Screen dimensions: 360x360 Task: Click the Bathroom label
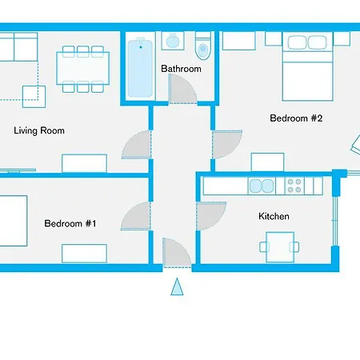pyautogui.click(x=181, y=69)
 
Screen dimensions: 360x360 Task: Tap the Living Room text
pyautogui.click(x=39, y=130)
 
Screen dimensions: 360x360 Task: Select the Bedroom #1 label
pyautogui.click(x=70, y=224)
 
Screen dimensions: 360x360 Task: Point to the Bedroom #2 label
pyautogui.click(x=295, y=118)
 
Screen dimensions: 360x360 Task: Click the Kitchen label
pyautogui.click(x=274, y=216)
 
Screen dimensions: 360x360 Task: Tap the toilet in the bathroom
pyautogui.click(x=202, y=46)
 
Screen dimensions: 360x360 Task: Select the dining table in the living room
pyautogui.click(x=82, y=66)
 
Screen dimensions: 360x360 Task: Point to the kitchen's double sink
pyautogui.click(x=262, y=186)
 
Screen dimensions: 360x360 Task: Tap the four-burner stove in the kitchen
pyautogui.click(x=294, y=186)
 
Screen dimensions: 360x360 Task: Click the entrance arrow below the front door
pyautogui.click(x=178, y=286)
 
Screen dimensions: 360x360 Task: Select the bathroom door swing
pyautogui.click(x=185, y=92)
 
